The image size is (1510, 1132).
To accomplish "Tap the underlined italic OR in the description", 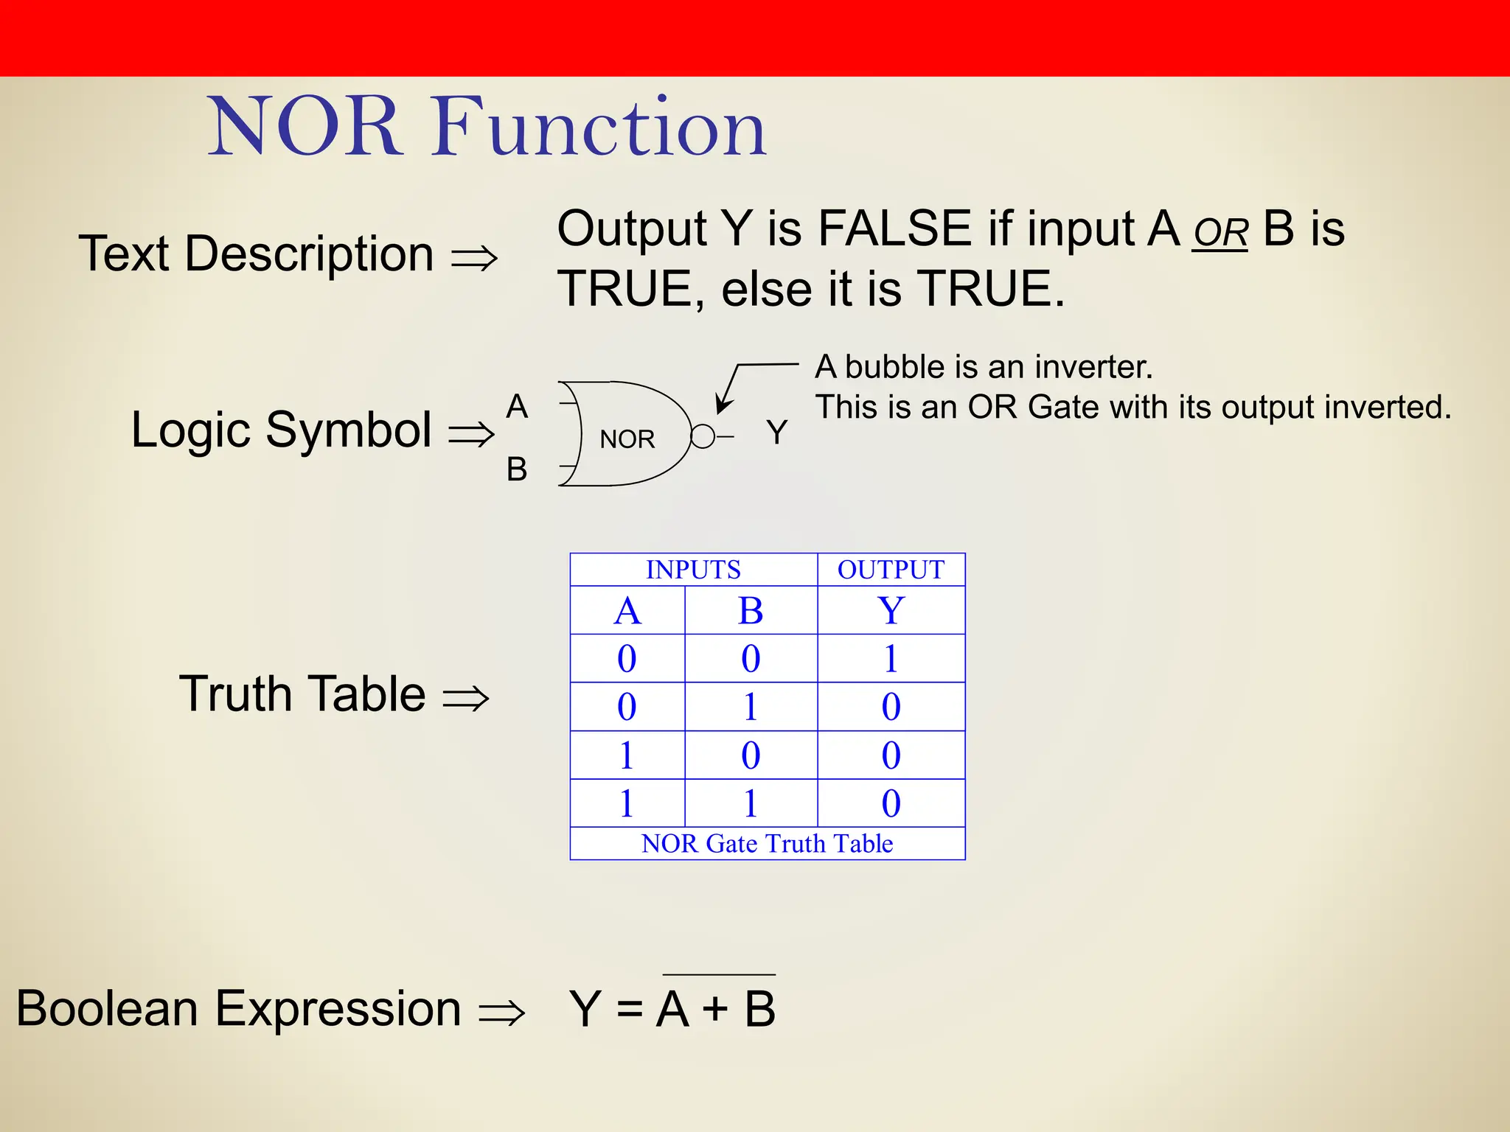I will click(x=1220, y=234).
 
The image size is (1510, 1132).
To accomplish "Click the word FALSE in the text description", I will click(x=894, y=228).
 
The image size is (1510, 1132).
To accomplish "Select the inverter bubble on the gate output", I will click(x=703, y=436).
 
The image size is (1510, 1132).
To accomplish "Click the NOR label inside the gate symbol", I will click(x=627, y=439).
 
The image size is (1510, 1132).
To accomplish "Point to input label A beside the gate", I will click(x=517, y=407).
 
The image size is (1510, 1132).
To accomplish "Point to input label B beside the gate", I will click(x=517, y=469).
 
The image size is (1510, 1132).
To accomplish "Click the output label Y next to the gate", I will click(x=776, y=432).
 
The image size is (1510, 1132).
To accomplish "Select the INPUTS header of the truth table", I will click(x=693, y=570).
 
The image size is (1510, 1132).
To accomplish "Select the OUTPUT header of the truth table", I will click(x=891, y=570).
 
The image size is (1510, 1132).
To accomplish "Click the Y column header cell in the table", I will click(x=891, y=610).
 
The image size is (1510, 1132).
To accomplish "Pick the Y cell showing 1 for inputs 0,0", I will click(x=891, y=658).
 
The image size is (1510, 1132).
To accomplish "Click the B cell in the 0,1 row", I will click(x=751, y=707).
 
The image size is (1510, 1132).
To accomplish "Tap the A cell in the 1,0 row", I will click(x=627, y=755).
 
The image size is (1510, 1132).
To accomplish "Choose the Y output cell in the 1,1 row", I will click(x=891, y=803).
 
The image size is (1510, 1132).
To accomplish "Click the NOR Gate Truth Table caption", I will click(x=767, y=844).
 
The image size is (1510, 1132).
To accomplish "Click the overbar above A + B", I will click(x=719, y=975).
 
